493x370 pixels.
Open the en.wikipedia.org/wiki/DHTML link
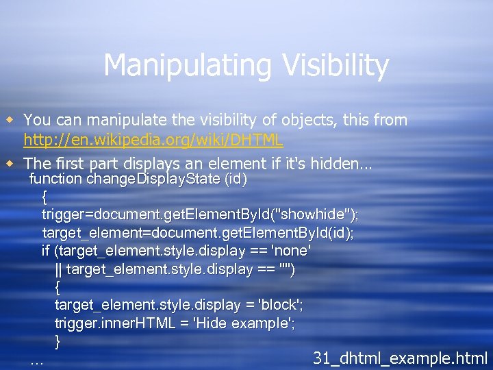[x=153, y=140]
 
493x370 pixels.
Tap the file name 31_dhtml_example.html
[x=400, y=358]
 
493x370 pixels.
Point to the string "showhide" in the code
[x=317, y=215]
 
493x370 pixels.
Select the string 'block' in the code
[x=271, y=305]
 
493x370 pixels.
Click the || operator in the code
[x=58, y=269]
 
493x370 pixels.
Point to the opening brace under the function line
[x=45, y=197]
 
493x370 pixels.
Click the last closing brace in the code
[x=58, y=341]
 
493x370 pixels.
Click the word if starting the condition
[x=46, y=251]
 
